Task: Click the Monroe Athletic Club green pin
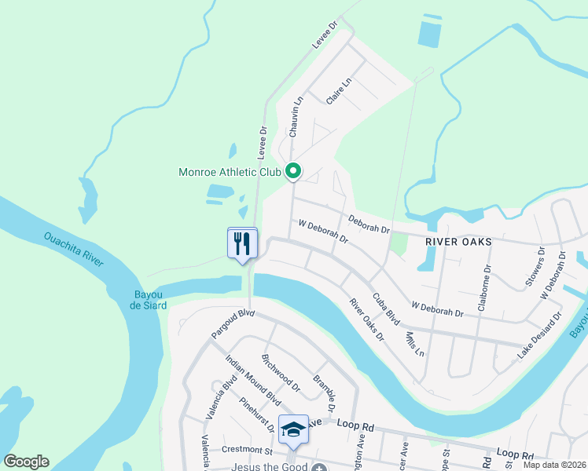(x=293, y=170)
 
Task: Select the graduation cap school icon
(x=293, y=429)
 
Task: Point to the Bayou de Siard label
(x=149, y=300)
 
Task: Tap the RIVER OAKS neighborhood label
(x=458, y=242)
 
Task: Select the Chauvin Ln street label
(x=296, y=117)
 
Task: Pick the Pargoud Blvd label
(x=233, y=323)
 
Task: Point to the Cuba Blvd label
(x=386, y=309)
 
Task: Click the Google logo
(x=26, y=462)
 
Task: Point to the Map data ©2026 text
(x=554, y=465)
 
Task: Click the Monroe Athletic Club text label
(x=230, y=171)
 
